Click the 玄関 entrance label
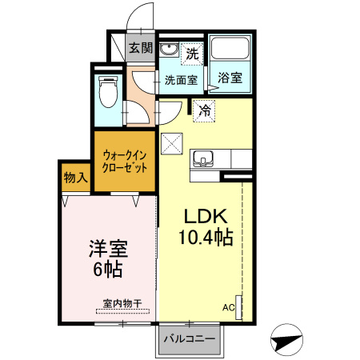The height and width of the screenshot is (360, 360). pos(141,47)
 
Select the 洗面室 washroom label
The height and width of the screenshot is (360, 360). pos(181,79)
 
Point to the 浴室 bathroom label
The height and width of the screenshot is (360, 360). pos(230,78)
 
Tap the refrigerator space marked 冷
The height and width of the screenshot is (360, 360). pos(205,110)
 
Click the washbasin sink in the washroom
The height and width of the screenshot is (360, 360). pos(170,51)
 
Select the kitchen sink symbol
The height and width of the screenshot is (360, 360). pos(203,158)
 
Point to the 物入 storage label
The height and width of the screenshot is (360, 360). pos(75,177)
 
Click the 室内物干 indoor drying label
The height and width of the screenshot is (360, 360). pos(122,303)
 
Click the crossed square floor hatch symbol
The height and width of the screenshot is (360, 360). pos(173,144)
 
